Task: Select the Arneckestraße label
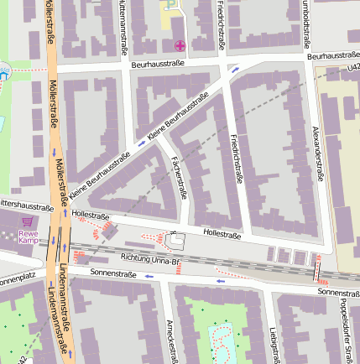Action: (x=170, y=341)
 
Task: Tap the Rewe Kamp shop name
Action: (x=29, y=237)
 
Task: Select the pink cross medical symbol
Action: (x=179, y=45)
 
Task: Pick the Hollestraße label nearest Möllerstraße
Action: (x=91, y=216)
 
